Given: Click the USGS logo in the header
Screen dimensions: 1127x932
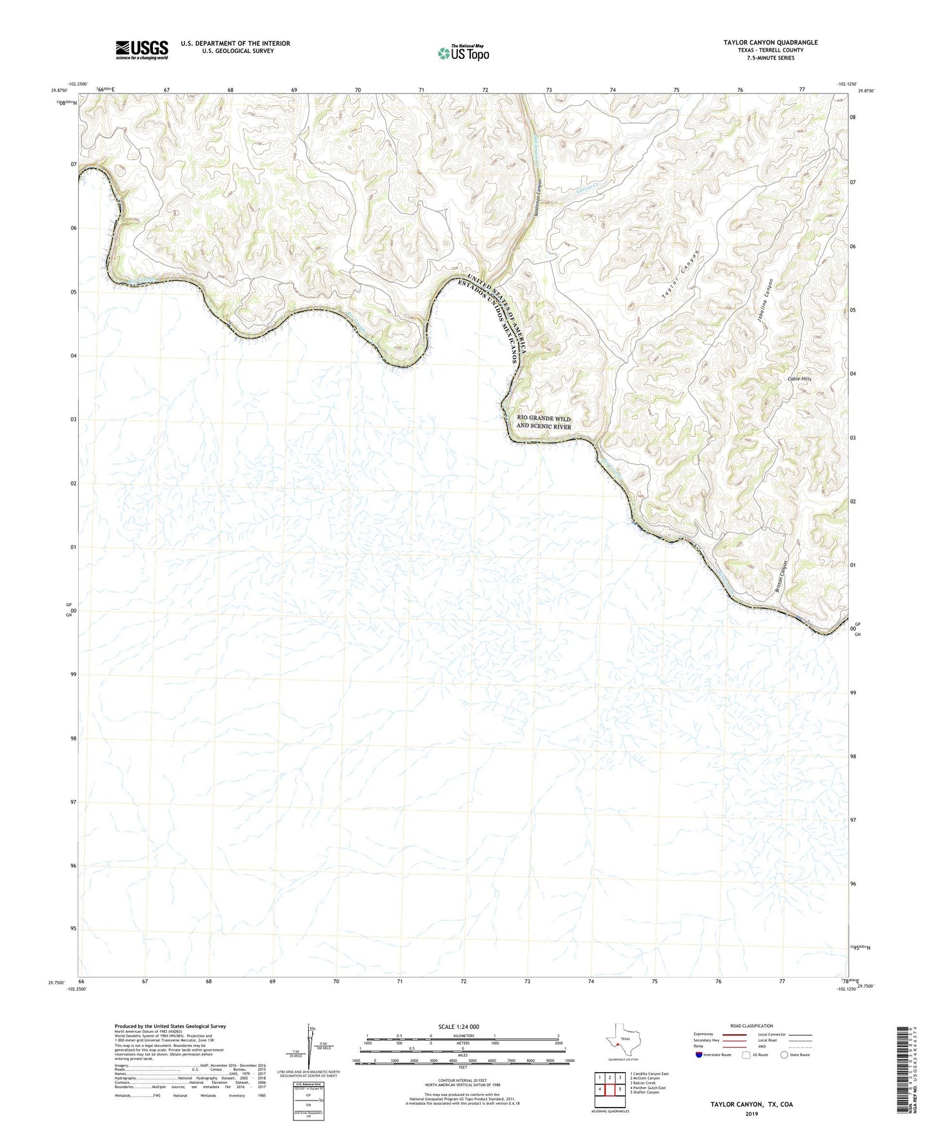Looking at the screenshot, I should click(x=142, y=50).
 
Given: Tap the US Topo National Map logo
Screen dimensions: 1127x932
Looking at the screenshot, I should click(x=463, y=53).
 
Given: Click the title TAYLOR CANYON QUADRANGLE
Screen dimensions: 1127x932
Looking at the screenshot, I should click(x=770, y=43).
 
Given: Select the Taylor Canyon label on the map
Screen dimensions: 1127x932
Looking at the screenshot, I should click(x=681, y=274).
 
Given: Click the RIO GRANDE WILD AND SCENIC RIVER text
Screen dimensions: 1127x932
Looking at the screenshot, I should click(x=544, y=423).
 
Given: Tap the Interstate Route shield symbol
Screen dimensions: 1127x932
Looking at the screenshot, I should click(x=699, y=1055).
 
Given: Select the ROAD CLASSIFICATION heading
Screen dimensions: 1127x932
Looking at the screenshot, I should click(x=751, y=1026).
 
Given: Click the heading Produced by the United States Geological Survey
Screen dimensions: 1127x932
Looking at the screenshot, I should click(x=170, y=1026).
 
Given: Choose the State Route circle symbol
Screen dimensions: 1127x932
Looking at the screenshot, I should click(x=784, y=1055).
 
